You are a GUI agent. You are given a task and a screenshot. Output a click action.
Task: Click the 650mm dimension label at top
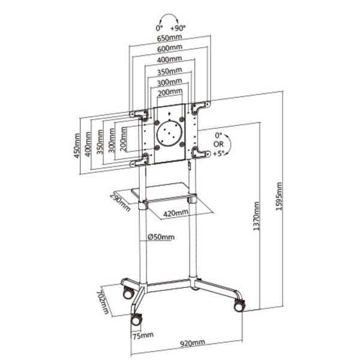point(169,38)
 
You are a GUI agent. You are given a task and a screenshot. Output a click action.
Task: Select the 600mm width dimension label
point(170,49)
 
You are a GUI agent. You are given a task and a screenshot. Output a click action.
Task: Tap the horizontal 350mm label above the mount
point(170,71)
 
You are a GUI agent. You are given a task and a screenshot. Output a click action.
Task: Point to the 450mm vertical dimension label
point(77,146)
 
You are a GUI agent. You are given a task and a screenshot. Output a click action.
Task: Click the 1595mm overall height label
point(278,196)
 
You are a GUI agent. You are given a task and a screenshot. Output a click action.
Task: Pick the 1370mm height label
point(256,216)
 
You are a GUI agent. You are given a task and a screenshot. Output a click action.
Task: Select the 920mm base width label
point(192,343)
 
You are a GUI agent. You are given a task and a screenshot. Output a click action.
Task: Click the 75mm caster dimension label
point(143,335)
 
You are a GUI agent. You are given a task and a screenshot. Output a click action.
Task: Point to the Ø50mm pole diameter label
point(161,237)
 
